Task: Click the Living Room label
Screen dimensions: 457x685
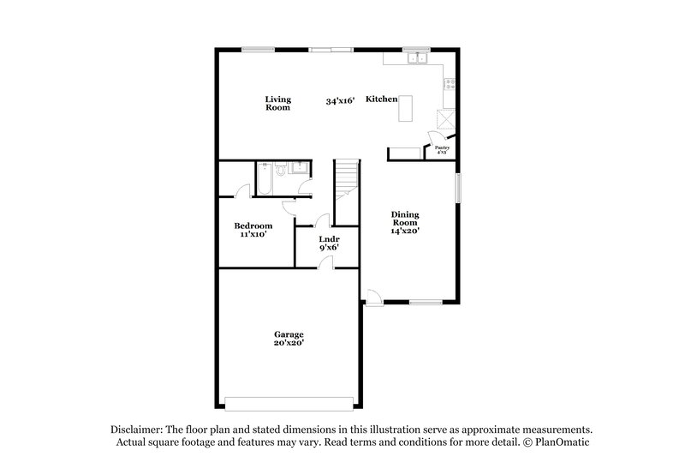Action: coord(277,104)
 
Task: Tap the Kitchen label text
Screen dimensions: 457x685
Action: coord(381,99)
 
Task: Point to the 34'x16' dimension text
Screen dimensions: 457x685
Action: coord(340,100)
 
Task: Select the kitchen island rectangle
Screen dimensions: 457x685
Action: coord(405,109)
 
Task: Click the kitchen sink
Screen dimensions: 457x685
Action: coord(417,58)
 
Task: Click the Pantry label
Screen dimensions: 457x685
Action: coord(442,149)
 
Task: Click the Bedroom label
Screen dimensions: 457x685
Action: coord(253,225)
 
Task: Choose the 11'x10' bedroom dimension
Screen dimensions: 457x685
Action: coord(253,234)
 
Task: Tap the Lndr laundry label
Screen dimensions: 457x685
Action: coord(329,239)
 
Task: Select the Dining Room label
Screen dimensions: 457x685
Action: coord(405,219)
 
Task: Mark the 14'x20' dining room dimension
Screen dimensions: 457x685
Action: coord(405,231)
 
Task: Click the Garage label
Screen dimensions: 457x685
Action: coord(289,334)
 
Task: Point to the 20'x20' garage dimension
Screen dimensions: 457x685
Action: coord(289,343)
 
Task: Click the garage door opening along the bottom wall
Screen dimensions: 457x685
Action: coord(289,402)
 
